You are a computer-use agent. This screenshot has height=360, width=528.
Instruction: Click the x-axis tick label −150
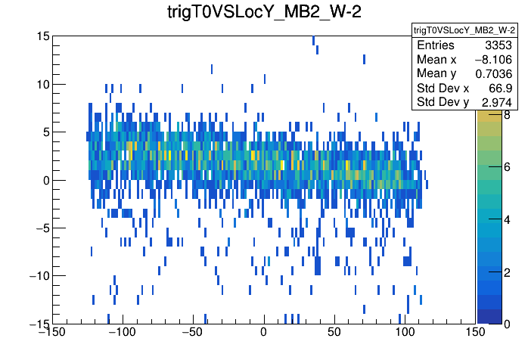point(52,332)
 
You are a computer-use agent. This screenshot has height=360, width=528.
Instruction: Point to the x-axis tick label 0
point(263,332)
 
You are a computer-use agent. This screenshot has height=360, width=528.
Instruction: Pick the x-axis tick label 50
point(334,332)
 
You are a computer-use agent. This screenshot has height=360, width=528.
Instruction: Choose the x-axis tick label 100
point(405,332)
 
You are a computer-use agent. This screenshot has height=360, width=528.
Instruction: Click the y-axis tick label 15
point(42,36)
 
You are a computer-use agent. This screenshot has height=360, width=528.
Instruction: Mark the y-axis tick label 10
point(42,84)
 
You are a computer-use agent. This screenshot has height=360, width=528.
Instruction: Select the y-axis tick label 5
point(45,132)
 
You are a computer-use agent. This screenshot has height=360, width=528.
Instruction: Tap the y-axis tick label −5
point(42,228)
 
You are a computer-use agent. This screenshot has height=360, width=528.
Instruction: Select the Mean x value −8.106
point(494,60)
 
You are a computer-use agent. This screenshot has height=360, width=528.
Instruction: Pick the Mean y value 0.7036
point(495,73)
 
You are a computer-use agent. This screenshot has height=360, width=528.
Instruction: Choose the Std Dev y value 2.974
point(498,101)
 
